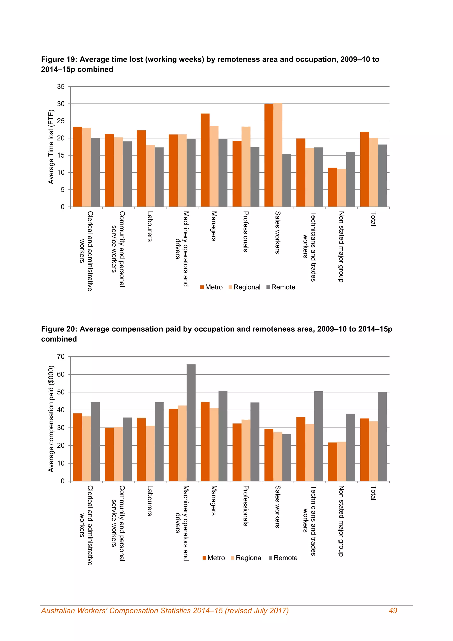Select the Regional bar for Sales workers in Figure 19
click(278, 155)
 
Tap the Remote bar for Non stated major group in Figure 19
click(351, 179)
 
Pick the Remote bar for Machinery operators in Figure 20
click(191, 423)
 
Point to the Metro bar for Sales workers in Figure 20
click(269, 455)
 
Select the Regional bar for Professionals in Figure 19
click(246, 167)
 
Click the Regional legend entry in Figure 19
click(244, 287)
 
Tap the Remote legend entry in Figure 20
click(283, 558)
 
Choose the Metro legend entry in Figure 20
click(214, 558)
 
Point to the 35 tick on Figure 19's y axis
click(61, 87)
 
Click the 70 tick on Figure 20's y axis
click(61, 357)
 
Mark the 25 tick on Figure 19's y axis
click(61, 121)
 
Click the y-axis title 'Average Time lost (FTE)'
click(51, 147)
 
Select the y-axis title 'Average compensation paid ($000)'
click(51, 419)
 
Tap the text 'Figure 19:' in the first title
click(59, 60)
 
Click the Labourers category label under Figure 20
click(150, 501)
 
